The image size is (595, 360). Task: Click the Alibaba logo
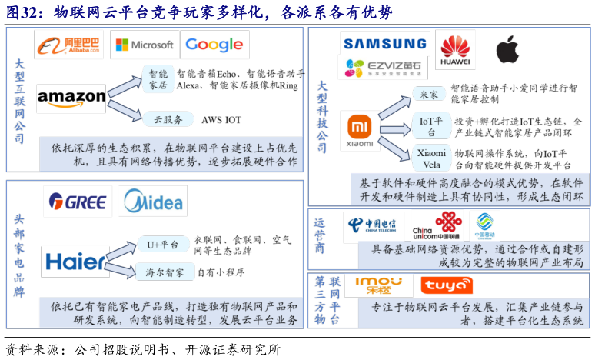[70, 45]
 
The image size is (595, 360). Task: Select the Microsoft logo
[144, 45]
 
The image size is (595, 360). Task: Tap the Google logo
[214, 45]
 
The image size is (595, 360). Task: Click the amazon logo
[71, 97]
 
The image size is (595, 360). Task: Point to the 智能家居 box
[158, 80]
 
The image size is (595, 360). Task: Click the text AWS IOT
[221, 120]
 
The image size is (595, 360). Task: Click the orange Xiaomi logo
[360, 126]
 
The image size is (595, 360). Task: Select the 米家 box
[429, 94]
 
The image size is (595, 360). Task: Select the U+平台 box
[162, 245]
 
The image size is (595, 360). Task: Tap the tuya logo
[447, 287]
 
